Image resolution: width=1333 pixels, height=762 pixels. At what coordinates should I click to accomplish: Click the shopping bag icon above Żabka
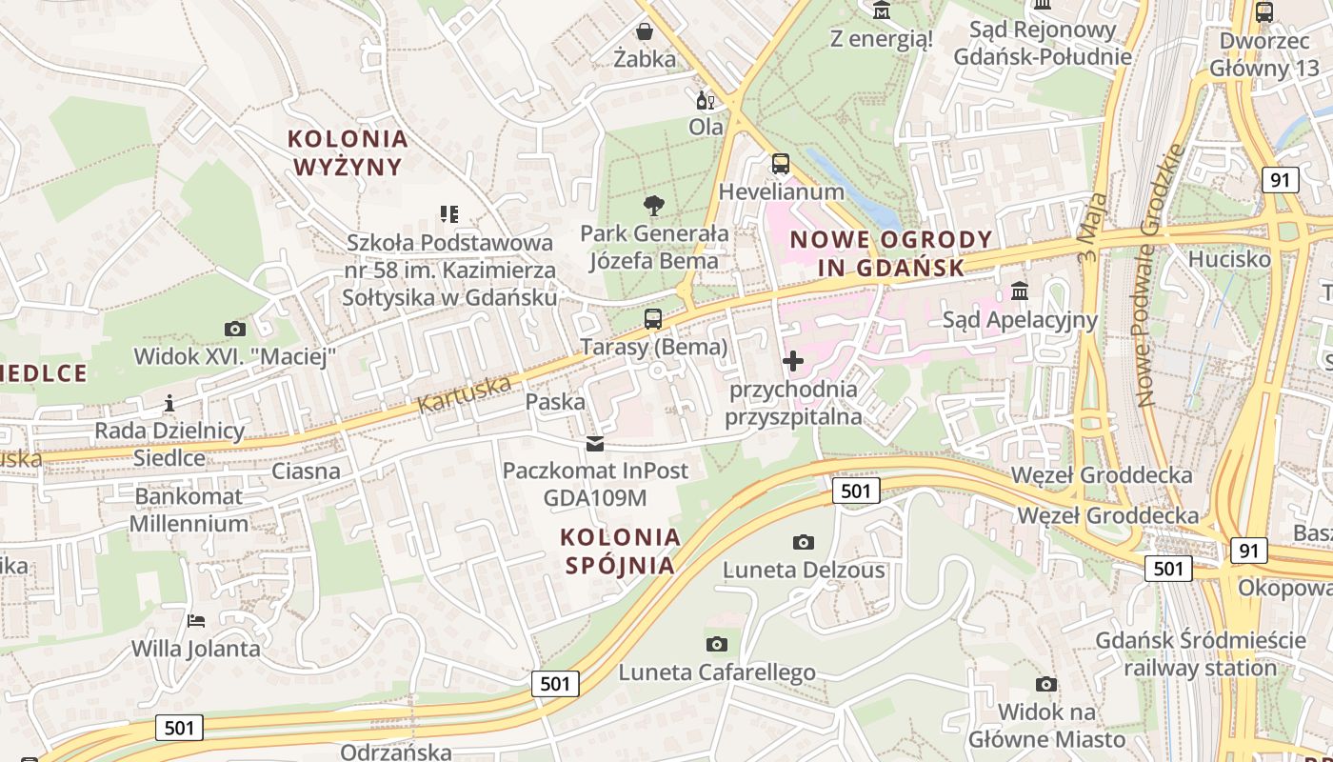645,31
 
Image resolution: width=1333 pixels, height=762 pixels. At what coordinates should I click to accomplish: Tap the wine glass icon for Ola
706,100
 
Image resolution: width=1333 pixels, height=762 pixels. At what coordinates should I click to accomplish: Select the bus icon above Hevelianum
781,164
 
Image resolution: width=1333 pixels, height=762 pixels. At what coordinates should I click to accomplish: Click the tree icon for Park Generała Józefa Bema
653,205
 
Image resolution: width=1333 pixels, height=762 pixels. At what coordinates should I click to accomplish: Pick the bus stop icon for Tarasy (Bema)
653,319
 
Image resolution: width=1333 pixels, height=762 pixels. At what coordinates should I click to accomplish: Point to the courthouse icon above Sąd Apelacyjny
1020,291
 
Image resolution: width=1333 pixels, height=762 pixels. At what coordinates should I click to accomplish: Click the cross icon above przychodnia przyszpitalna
793,362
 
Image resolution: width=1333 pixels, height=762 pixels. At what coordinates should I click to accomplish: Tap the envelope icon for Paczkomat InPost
595,443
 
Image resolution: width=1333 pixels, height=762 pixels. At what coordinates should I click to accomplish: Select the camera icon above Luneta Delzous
804,542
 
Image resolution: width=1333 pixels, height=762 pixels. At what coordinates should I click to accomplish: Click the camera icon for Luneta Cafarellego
717,644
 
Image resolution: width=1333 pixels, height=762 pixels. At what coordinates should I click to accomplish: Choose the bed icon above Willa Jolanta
196,621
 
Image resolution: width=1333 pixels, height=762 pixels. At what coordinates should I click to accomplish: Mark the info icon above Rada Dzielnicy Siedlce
169,403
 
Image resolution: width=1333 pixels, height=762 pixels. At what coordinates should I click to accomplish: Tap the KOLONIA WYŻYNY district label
348,152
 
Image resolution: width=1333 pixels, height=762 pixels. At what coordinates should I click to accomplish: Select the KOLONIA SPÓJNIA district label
621,551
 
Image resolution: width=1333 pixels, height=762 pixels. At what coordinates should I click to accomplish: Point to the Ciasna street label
306,471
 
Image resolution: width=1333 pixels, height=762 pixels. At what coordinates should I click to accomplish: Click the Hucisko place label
1229,259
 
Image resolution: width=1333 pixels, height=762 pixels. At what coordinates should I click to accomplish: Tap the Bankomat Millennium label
189,510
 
